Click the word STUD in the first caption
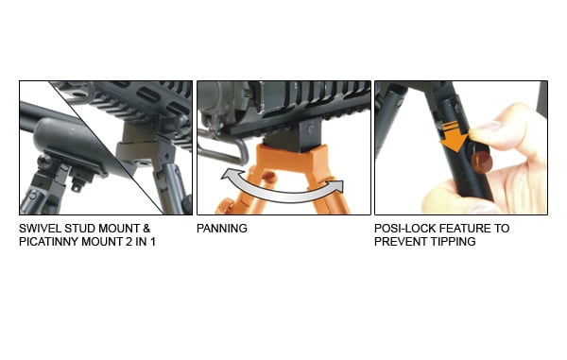pyautogui.click(x=78, y=229)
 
